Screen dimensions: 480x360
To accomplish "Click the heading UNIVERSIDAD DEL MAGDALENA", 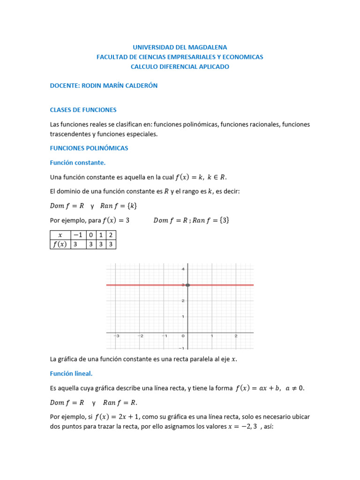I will click(180, 47).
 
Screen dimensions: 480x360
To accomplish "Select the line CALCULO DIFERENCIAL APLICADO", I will click(180, 67).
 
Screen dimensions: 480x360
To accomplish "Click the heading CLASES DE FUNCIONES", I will click(83, 110).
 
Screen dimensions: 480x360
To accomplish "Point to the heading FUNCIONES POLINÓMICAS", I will click(89, 148).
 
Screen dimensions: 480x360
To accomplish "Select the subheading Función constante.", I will click(78, 163).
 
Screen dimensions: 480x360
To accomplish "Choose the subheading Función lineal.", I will click(71, 374).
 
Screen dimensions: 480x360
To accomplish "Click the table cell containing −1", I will click(78, 235).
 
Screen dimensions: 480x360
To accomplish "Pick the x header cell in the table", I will click(60, 235).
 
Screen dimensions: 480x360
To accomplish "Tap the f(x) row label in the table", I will click(60, 244).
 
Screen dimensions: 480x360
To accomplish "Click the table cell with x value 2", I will click(111, 235).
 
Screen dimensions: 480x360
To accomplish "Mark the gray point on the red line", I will click(187, 285).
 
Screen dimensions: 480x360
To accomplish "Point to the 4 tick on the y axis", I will click(183, 269).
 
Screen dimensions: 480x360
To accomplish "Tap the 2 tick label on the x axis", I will click(236, 336).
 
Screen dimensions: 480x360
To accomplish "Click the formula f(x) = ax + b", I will click(257, 388).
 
